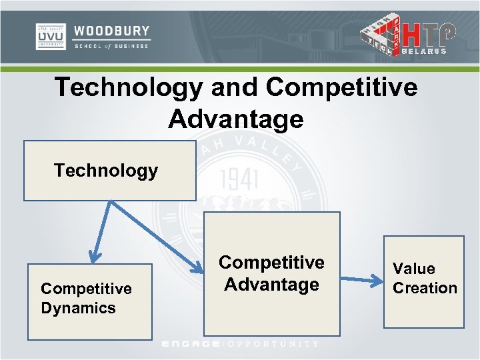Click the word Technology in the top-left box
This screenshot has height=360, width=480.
(106, 171)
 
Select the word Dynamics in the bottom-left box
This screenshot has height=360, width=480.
(78, 308)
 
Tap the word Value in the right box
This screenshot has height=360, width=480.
(413, 269)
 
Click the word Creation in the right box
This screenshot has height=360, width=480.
(425, 288)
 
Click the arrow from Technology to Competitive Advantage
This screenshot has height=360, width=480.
(157, 236)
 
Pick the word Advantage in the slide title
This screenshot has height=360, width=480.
(236, 119)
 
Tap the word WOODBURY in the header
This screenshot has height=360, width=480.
(112, 31)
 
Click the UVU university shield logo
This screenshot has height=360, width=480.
(50, 37)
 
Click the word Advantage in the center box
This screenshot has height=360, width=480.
(271, 285)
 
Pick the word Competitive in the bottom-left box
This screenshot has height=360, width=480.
(86, 289)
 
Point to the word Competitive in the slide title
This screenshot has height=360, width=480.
(341, 87)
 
